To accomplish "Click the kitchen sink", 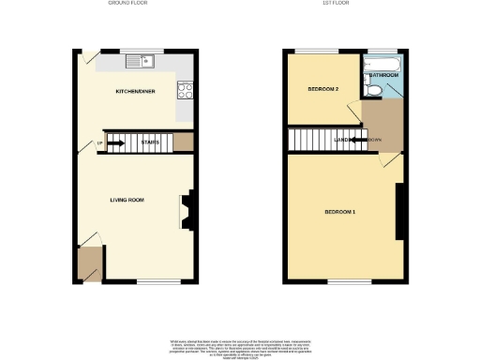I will (143, 63).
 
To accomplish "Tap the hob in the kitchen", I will (185, 91).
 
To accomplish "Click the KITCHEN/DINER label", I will (135, 92).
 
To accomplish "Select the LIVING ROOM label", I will (127, 200).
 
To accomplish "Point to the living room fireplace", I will (187, 210).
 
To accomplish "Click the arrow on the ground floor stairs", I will (116, 143).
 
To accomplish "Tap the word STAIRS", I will (150, 143).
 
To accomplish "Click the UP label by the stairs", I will (99, 143).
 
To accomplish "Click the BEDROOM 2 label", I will (323, 89).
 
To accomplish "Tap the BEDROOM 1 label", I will (339, 212).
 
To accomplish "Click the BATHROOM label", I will (383, 74).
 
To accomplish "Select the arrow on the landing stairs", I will (356, 141).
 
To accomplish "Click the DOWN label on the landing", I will (375, 141).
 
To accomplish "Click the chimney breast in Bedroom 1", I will (400, 212).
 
